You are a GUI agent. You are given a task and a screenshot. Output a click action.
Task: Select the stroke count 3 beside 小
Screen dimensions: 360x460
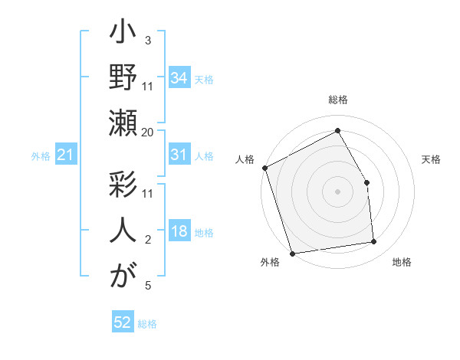[147, 41]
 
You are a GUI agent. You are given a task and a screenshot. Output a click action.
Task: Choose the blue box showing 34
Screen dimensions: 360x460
[179, 77]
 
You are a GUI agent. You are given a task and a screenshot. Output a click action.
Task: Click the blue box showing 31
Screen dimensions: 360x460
[179, 155]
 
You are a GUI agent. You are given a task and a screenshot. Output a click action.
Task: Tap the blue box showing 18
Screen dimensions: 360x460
[179, 232]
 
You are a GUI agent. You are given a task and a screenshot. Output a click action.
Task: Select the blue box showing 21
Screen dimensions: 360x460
[66, 155]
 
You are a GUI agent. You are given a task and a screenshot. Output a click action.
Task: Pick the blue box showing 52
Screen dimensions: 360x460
[123, 323]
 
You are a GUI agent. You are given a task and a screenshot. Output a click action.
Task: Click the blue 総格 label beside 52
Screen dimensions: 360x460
[147, 324]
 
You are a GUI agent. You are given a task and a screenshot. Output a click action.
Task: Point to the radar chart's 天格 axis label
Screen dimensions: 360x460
[431, 159]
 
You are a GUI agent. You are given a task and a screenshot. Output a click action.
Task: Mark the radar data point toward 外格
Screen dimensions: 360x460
[292, 253]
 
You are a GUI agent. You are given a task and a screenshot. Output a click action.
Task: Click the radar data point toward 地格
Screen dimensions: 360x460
[373, 242]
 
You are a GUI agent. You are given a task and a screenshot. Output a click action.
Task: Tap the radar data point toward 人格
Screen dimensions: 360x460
[264, 168]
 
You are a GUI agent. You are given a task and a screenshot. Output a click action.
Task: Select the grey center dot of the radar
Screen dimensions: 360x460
[337, 191]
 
